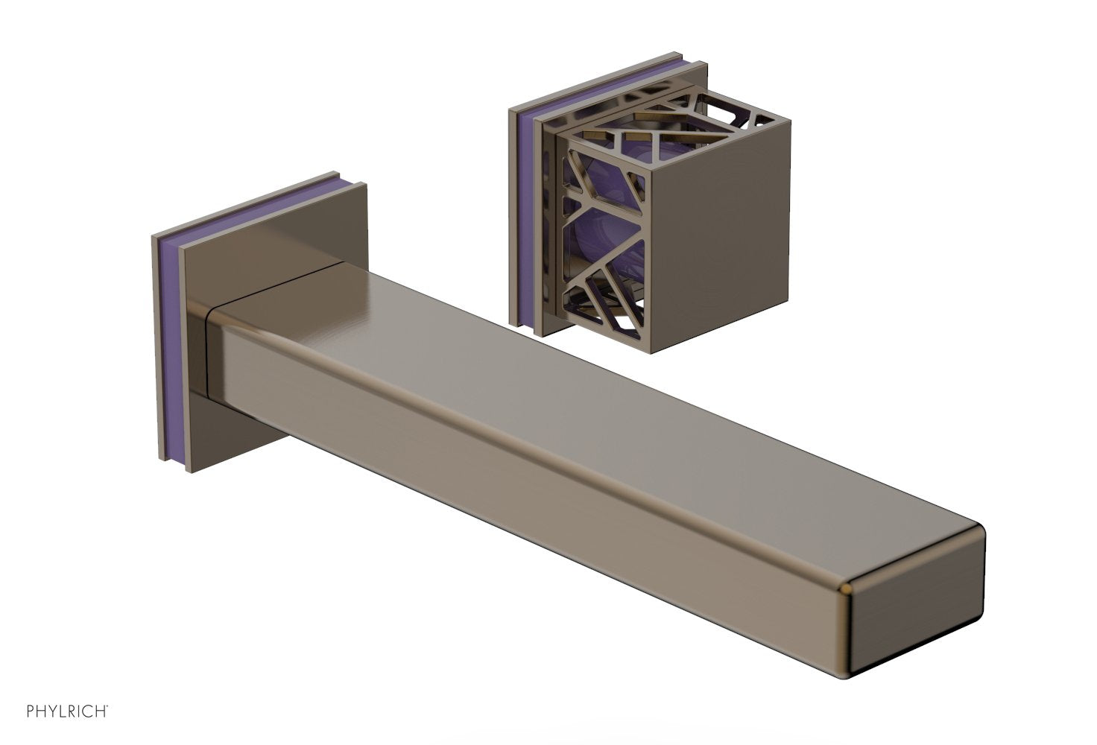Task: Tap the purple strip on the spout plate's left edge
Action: (x=168, y=350)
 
